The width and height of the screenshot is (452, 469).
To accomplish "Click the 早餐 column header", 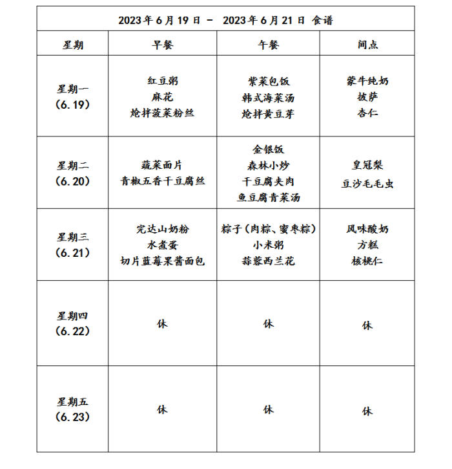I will pos(162,45).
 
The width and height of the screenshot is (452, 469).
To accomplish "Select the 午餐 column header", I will pos(268,45).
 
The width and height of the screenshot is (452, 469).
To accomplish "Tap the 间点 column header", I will pos(367,45).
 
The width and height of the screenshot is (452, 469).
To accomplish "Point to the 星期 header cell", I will pos(73,45).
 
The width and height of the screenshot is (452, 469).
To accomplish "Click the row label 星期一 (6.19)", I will pos(73,96).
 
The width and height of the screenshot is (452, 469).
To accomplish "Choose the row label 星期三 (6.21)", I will pos(73,245).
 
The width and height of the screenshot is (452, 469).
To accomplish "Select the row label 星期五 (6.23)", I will pos(73,409).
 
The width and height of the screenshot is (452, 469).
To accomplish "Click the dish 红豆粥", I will pos(162,81).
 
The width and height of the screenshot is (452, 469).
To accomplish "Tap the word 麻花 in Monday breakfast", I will pos(162,96).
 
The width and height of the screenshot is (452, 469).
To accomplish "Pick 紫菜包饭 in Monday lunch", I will pos(268,82).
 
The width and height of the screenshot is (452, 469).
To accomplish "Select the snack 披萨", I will pos(367,97).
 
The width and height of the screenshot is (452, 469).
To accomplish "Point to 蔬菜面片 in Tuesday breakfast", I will pos(162,165).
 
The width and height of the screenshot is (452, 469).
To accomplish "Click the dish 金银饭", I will pos(268,149).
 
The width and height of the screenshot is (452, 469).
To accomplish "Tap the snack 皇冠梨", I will pos(367,166).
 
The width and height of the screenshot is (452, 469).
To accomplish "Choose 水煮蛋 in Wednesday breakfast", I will pos(162,245).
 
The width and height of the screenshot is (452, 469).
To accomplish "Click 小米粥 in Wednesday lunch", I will pos(268,245).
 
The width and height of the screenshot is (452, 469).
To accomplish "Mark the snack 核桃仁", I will pos(367,261).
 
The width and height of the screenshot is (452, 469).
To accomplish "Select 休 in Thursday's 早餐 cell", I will pos(162,323).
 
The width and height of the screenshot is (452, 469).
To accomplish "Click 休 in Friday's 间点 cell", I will pos(367,411).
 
